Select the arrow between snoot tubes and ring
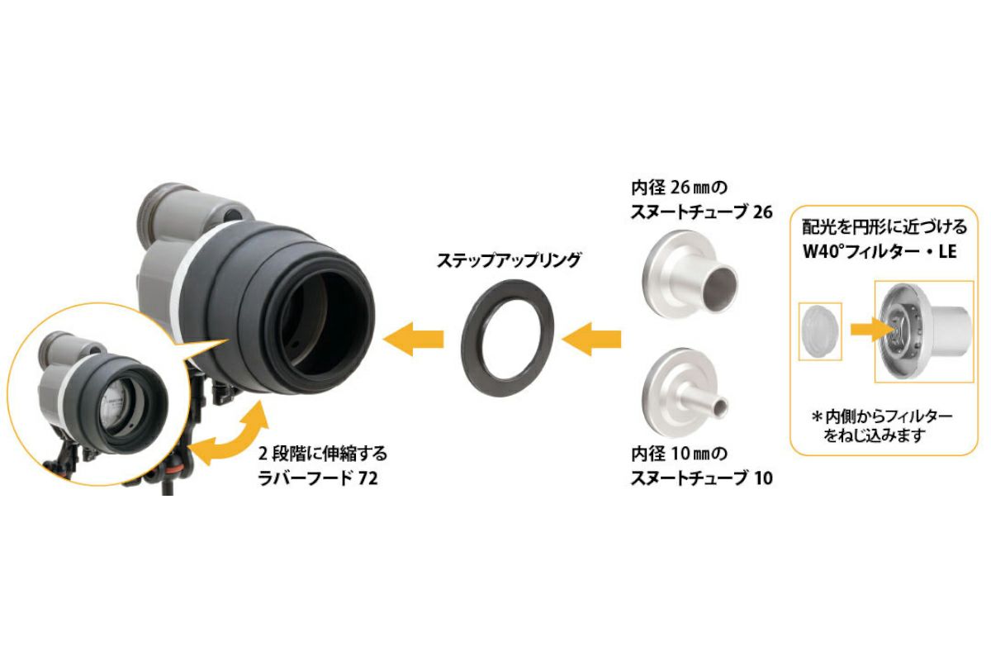(590, 338)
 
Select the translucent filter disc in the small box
(819, 329)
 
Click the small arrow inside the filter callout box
(863, 329)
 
